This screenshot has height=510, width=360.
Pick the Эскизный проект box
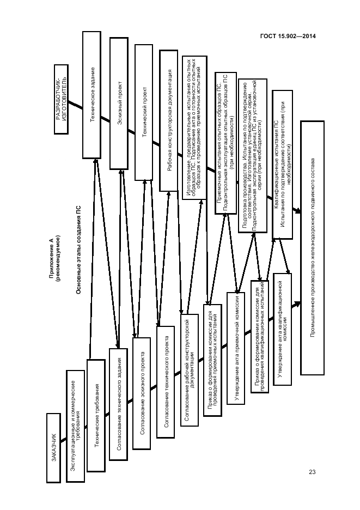click(x=119, y=104)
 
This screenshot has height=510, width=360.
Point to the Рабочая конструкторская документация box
click(x=169, y=121)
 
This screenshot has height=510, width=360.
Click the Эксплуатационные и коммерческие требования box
click(x=76, y=426)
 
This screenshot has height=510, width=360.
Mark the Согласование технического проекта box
click(x=166, y=382)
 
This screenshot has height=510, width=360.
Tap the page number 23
click(x=312, y=472)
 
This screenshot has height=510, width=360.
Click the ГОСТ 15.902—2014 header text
click(x=289, y=37)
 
